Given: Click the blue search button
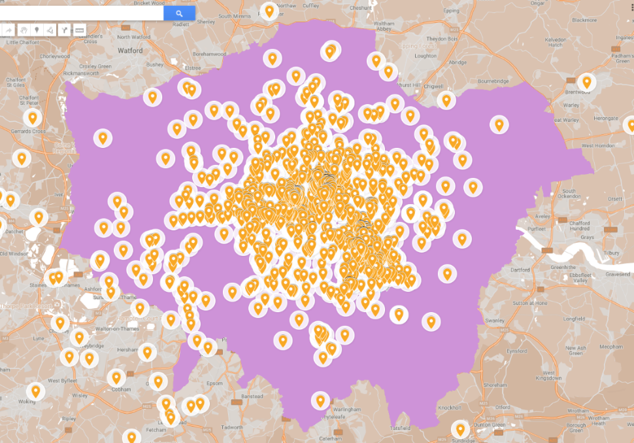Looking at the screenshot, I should pos(179,13).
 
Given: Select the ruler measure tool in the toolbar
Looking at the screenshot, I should pos(80,30).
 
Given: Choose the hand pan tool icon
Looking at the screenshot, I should pos(22,30).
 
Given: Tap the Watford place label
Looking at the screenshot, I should pos(130,50).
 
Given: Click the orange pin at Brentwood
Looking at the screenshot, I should pos(587,82).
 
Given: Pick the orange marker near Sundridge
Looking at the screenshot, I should pos(460,429).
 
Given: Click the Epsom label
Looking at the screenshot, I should pos(214,383).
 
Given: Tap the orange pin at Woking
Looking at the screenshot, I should pos(36,391).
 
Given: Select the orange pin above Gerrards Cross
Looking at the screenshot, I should pos(31,118).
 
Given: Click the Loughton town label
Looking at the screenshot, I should pos(425,56).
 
